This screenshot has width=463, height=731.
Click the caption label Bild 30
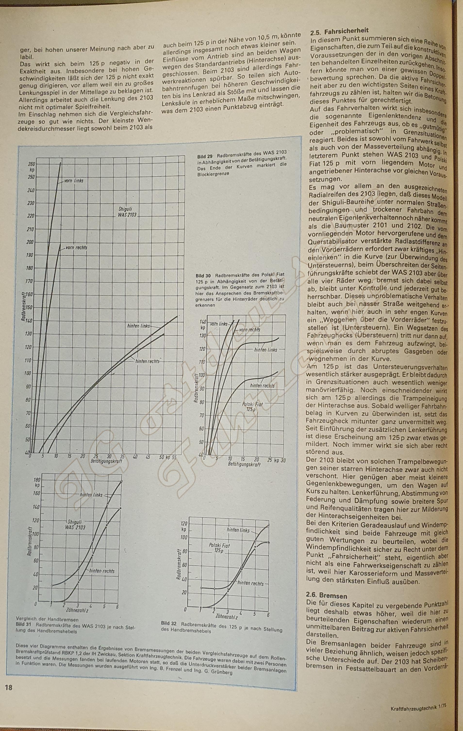(x=203, y=276)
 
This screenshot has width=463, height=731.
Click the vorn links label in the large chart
(x=74, y=181)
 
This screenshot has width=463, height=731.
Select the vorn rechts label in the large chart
(x=76, y=248)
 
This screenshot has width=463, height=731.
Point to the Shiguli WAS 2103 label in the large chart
(x=127, y=212)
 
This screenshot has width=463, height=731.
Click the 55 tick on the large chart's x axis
(x=174, y=457)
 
